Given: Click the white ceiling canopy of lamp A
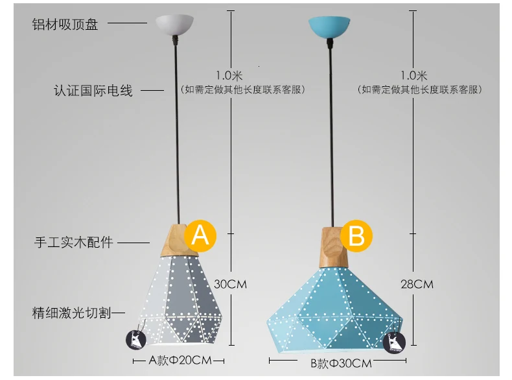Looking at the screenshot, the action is pos(174,24).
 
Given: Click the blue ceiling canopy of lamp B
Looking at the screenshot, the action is pos(329,26).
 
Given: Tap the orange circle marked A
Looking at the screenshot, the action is pos(200,235).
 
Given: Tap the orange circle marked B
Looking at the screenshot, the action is pos(356,235).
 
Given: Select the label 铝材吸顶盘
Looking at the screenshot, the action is pos(65,24).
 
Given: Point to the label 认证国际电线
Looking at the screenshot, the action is pos(93,91).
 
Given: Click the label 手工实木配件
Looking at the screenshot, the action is pos(73,242).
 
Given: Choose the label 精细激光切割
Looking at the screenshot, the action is pos(71,313).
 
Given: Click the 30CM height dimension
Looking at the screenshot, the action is pos(230,284).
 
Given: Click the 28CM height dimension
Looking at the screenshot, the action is pos(417,284).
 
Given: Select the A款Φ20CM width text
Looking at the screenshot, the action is pos(180,360).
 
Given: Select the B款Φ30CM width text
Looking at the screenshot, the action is pos(341,363).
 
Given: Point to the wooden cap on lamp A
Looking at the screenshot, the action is pos(179,240).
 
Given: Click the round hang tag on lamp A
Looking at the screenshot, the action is pos(136,340).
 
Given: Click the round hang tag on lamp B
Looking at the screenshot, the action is pos(394,343).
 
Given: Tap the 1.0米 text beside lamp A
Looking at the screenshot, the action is pos(229,76).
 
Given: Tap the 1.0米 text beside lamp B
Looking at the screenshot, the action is pos(414,76).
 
